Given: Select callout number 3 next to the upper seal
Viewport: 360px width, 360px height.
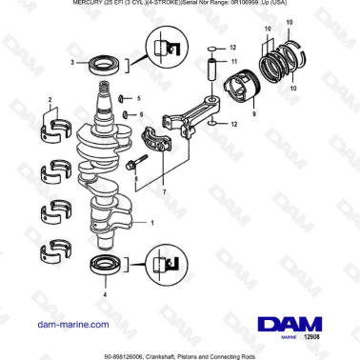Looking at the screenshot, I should point(70,63).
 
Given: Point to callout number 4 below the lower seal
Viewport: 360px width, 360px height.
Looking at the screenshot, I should point(104,295).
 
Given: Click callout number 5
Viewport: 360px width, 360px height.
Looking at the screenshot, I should point(137,98).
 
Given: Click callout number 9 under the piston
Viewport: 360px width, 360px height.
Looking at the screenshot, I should point(228,115).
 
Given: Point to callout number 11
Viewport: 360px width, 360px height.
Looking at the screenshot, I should point(233,60).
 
